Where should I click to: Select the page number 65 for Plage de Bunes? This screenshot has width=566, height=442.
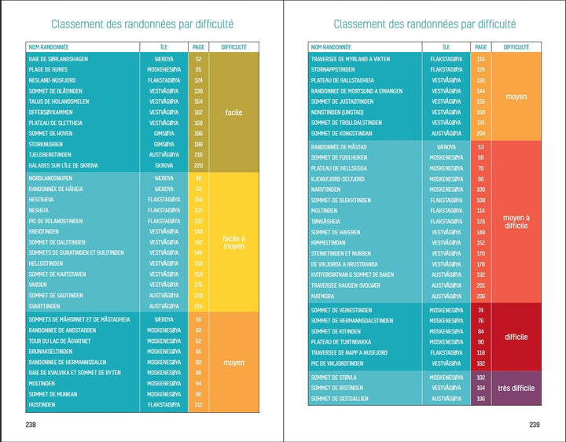pyautogui.click(x=198, y=70)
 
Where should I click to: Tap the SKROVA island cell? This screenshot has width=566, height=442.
pyautogui.click(x=164, y=166)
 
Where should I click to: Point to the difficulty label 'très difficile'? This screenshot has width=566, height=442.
pyautogui.click(x=516, y=389)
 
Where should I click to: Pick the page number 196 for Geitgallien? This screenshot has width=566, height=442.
pyautogui.click(x=481, y=399)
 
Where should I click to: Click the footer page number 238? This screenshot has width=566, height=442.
pyautogui.click(x=31, y=425)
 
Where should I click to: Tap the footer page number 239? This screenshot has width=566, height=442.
pyautogui.click(x=534, y=425)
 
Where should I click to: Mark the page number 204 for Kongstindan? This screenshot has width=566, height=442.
pyautogui.click(x=481, y=134)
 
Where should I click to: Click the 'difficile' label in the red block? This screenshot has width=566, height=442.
pyautogui.click(x=516, y=337)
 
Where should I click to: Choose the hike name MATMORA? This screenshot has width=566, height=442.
pyautogui.click(x=323, y=296)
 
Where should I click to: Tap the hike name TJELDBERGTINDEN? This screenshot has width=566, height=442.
pyautogui.click(x=50, y=155)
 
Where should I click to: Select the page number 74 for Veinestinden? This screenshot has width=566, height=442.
pyautogui.click(x=481, y=310)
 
